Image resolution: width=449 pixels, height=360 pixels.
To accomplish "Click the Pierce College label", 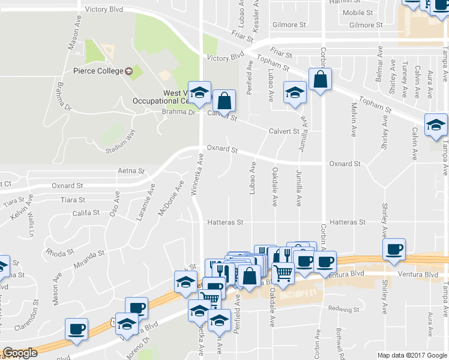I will [98, 71].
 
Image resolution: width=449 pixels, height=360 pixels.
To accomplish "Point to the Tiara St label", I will [73, 200].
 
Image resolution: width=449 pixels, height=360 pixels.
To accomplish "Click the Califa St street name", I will [86, 213].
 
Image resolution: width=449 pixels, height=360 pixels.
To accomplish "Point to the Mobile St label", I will [358, 13].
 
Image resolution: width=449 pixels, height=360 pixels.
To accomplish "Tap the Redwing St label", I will [343, 310].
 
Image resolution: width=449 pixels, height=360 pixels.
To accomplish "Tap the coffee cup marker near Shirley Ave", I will [394, 250].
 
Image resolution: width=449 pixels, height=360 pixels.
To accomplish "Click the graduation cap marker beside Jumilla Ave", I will [294, 92].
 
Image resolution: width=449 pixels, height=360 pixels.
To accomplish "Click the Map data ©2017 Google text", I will [412, 355].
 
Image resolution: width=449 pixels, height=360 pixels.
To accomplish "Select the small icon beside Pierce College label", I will [128, 71].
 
